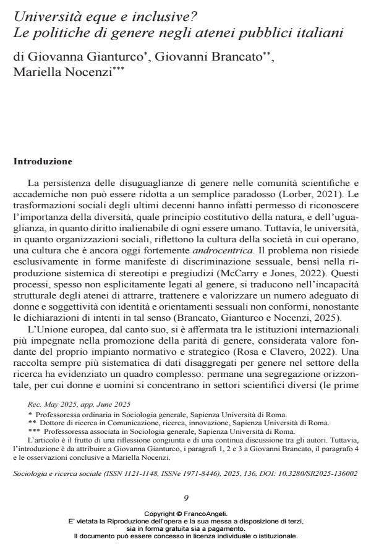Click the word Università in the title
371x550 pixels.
point(43,15)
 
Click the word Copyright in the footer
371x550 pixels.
point(160,513)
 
